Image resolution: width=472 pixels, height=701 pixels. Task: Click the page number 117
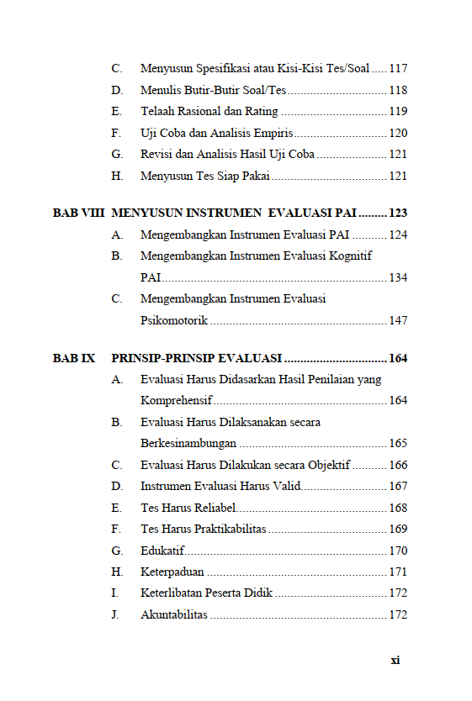(398, 68)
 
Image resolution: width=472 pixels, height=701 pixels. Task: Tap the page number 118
(398, 90)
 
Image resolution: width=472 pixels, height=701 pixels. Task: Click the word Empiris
(269, 133)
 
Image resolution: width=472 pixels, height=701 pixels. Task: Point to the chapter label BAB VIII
(78, 213)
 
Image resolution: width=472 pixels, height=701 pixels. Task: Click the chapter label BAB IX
(74, 359)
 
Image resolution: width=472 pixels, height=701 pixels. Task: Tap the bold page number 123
(398, 213)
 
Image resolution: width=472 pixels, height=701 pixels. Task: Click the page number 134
(398, 277)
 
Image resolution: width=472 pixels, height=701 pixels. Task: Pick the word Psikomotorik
(174, 321)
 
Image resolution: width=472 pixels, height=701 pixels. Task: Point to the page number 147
(398, 321)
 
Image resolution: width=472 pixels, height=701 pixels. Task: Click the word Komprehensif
(177, 401)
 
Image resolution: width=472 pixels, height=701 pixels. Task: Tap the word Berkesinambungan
(188, 444)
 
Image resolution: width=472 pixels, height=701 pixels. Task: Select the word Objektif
(327, 465)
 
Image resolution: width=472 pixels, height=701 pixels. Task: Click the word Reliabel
(214, 508)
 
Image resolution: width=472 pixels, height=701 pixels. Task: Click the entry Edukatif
(162, 551)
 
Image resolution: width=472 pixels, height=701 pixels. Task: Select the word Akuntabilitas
(174, 615)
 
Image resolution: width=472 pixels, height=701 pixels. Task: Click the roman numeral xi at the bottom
(395, 661)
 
